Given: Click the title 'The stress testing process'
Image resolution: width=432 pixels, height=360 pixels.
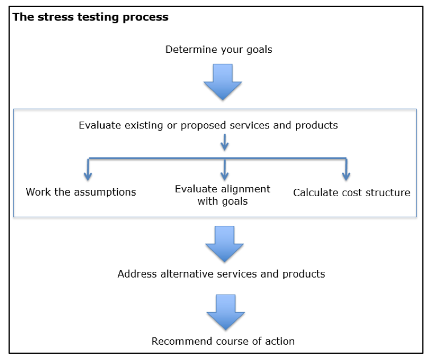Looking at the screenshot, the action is (90, 17).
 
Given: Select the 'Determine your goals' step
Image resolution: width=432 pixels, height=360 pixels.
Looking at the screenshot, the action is (219, 49).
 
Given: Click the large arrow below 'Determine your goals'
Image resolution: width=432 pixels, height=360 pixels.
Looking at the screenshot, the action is (223, 82).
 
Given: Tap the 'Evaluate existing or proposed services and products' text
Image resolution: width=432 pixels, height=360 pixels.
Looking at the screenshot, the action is (208, 125).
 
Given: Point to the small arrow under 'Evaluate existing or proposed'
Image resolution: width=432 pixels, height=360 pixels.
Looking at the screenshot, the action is (225, 142).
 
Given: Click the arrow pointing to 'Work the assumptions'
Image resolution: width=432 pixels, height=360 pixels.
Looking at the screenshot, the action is (88, 169).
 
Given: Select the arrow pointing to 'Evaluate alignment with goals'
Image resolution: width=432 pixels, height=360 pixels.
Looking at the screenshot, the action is (225, 169).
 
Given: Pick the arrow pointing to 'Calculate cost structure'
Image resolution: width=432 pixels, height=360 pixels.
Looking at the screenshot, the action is (346, 169).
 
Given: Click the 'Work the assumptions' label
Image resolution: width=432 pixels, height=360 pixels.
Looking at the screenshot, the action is (81, 192).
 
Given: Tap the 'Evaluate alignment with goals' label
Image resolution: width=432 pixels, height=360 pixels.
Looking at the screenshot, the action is (223, 195).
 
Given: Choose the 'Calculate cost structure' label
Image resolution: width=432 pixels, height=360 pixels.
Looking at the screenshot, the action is (352, 193).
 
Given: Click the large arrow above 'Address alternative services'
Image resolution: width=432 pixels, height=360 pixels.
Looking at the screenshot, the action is (225, 244).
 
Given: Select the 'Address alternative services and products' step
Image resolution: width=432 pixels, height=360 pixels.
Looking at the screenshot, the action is (221, 274).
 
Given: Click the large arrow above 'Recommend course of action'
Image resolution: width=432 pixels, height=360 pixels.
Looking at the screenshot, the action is (225, 312).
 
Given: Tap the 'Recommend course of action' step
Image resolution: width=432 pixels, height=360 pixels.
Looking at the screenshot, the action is (223, 341).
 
